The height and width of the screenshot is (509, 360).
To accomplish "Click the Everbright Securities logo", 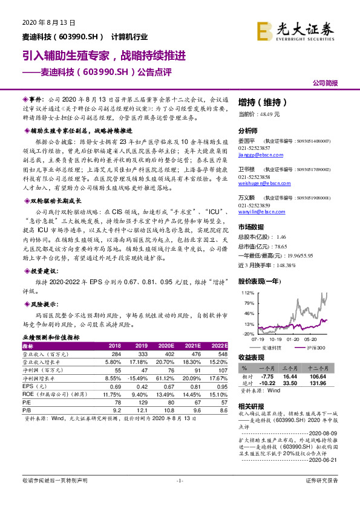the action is (295, 31).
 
